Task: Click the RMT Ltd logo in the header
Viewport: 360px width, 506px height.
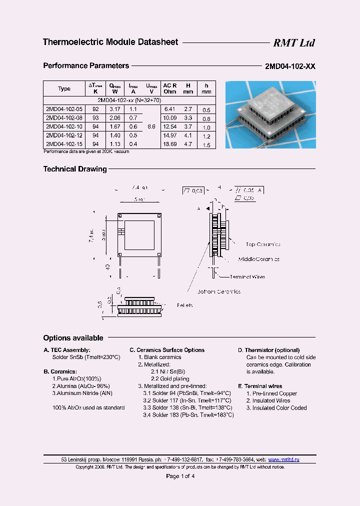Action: tap(293, 43)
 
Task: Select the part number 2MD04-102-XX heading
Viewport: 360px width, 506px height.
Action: tap(290, 66)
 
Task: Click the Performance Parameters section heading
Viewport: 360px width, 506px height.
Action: tap(86, 65)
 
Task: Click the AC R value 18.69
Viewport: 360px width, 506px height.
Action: tap(170, 144)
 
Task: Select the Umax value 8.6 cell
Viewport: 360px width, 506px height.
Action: tap(152, 127)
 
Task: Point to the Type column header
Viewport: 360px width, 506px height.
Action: tap(64, 88)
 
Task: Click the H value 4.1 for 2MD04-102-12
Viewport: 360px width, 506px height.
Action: tap(188, 135)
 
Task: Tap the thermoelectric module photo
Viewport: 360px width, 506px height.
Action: tap(270, 115)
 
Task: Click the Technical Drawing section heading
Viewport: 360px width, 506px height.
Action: tap(75, 169)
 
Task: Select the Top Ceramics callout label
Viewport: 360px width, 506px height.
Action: tap(263, 244)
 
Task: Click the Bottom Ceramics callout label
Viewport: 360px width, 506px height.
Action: tap(219, 291)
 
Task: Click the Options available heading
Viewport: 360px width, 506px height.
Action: tap(73, 338)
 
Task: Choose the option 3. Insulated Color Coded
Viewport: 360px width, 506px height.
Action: tap(276, 408)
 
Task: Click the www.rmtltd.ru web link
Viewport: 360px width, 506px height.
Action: tap(283, 459)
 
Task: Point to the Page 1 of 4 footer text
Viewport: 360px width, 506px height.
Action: tap(180, 476)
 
